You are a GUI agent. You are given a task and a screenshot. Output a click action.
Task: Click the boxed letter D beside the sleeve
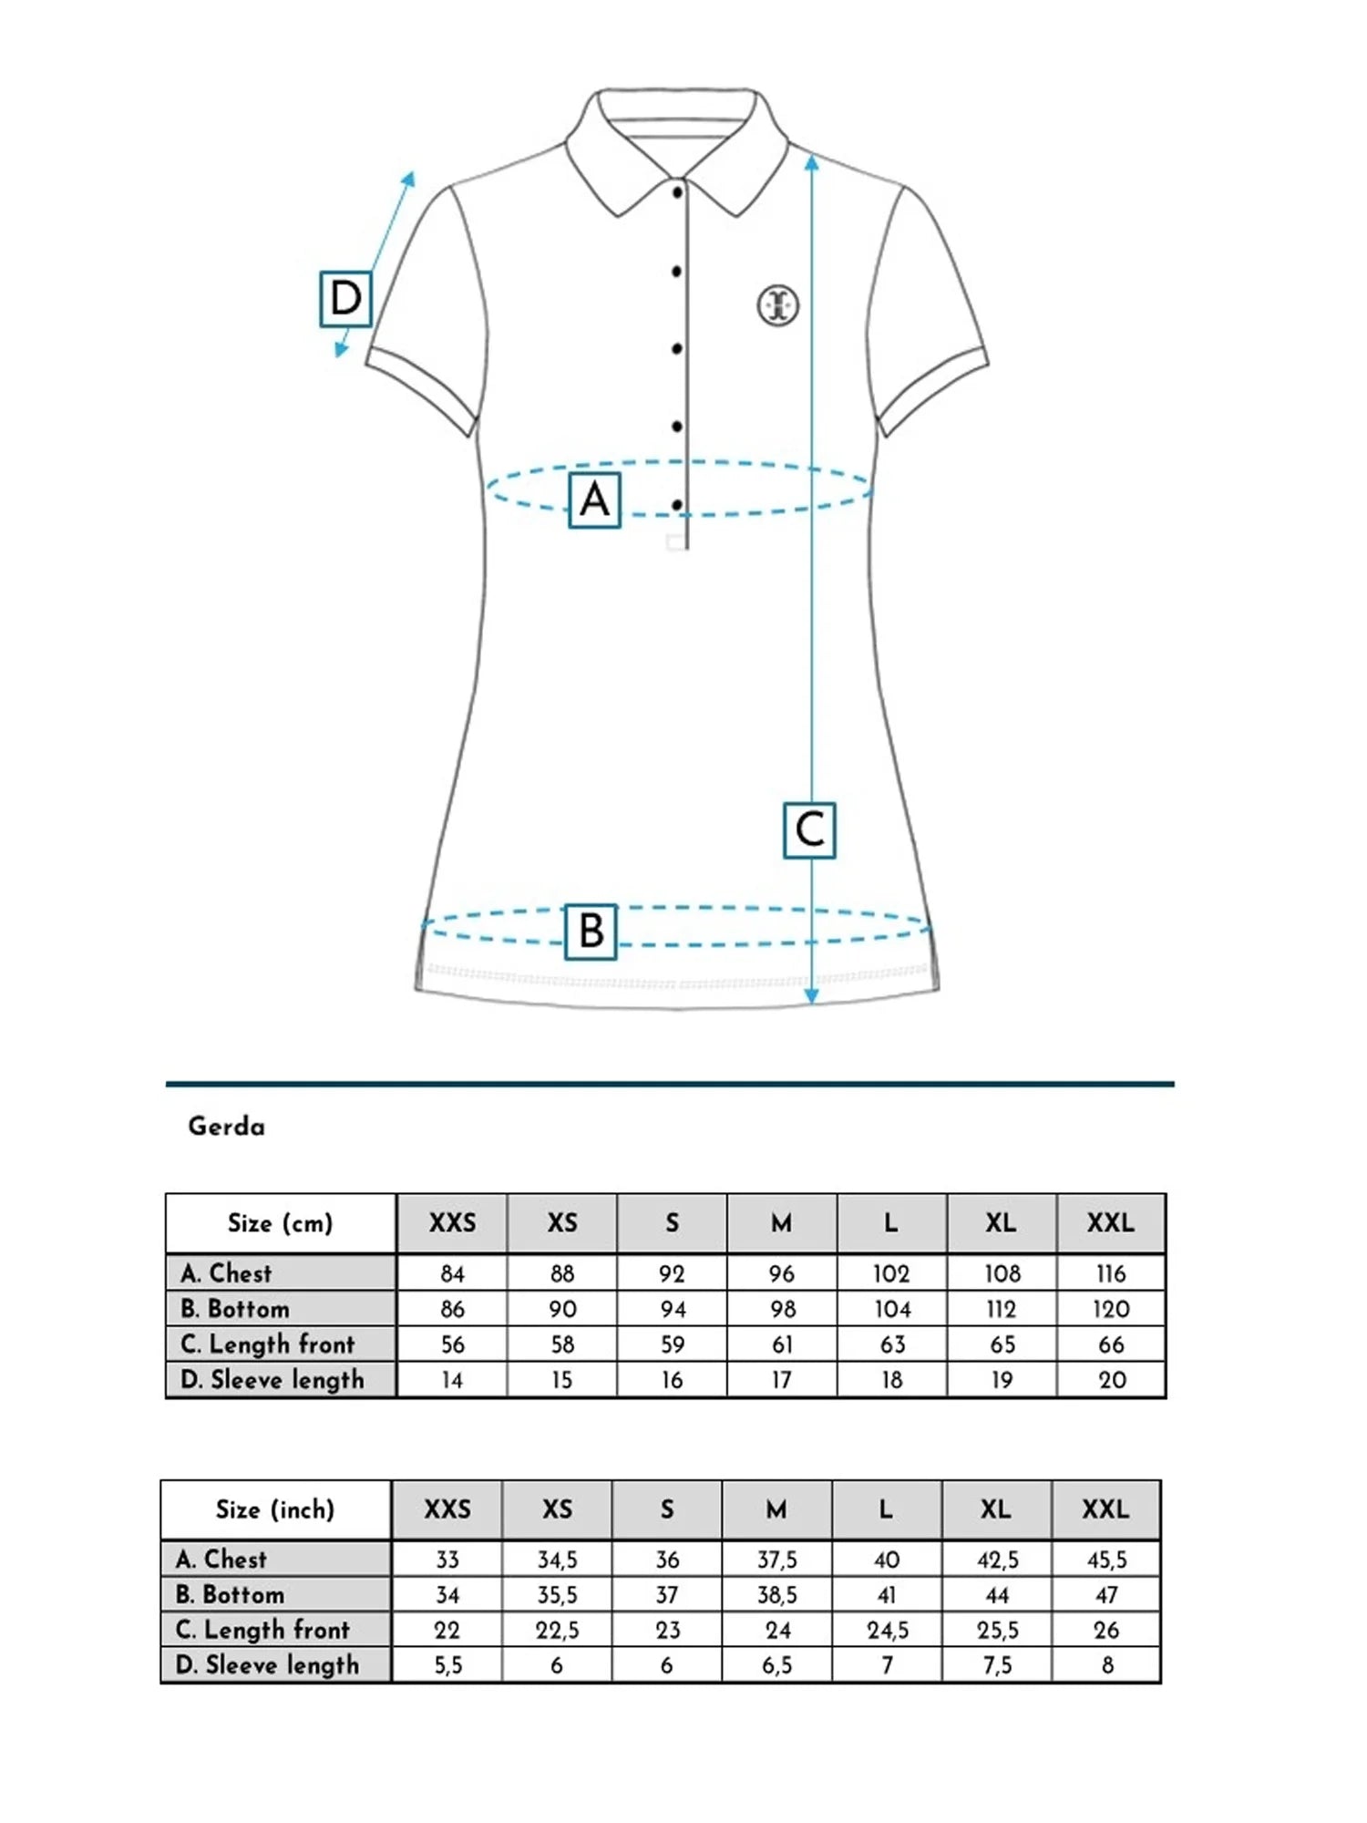(x=345, y=298)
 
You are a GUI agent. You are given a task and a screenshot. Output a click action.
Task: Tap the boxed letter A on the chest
(x=594, y=500)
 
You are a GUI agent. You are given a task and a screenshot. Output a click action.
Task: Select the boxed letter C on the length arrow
(x=809, y=830)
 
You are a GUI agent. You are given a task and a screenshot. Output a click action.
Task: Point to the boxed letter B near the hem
(x=591, y=932)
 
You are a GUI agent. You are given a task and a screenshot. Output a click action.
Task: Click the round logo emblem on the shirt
(x=778, y=304)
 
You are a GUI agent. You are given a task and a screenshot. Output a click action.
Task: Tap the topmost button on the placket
(x=677, y=193)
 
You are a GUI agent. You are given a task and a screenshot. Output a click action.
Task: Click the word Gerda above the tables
(x=226, y=1127)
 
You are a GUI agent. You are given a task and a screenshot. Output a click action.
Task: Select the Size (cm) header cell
(x=281, y=1223)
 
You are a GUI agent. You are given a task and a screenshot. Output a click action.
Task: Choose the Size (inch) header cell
(x=275, y=1509)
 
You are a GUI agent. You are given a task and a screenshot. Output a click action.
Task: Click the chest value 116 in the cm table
(x=1111, y=1273)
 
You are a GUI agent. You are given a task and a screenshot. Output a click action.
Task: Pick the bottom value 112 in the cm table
(x=1001, y=1309)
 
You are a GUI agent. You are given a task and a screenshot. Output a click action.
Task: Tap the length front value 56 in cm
(x=452, y=1344)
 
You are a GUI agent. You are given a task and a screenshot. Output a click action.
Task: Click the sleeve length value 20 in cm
(x=1112, y=1380)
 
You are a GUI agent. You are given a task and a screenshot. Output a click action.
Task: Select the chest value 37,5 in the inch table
(x=777, y=1560)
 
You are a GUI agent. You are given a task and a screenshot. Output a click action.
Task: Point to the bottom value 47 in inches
(x=1106, y=1595)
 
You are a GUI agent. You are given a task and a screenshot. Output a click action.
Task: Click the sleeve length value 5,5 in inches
(x=447, y=1665)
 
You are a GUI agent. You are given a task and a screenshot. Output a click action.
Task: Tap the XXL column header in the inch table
(x=1105, y=1509)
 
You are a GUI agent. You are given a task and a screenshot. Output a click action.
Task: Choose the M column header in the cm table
(x=781, y=1223)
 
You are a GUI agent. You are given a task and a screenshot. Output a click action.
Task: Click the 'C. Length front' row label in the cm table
(x=268, y=1344)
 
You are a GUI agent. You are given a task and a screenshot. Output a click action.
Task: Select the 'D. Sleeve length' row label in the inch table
(x=267, y=1665)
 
